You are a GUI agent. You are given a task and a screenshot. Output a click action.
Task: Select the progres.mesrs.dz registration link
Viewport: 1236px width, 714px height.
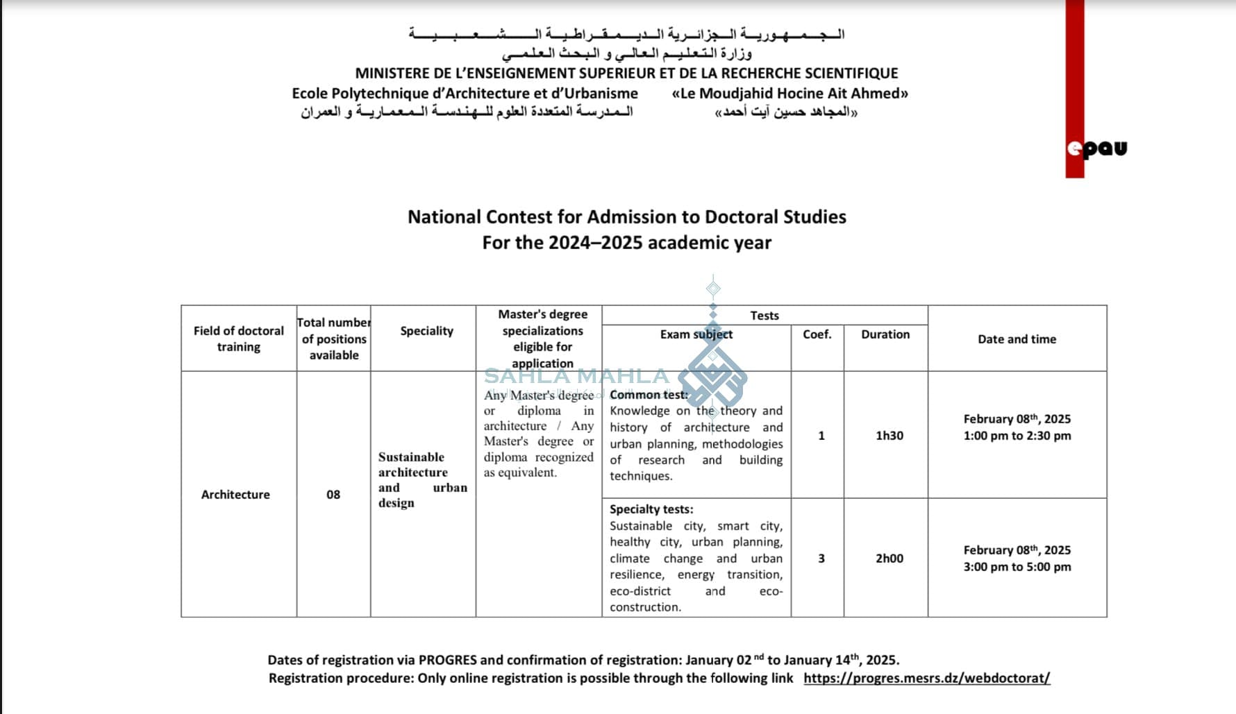click(x=926, y=678)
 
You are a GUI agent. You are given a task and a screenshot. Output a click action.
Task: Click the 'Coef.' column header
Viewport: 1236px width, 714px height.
click(x=817, y=334)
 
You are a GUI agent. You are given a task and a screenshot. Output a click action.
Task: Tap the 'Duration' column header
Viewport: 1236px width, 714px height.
click(x=885, y=334)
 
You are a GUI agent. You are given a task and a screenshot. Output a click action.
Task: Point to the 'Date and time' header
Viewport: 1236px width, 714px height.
click(x=1017, y=339)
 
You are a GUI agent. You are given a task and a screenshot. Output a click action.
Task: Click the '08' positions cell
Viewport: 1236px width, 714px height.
click(x=333, y=495)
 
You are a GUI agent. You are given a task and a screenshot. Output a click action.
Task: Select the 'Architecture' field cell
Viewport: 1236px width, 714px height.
click(x=235, y=495)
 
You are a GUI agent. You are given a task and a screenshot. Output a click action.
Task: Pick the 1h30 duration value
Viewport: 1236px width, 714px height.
click(x=889, y=436)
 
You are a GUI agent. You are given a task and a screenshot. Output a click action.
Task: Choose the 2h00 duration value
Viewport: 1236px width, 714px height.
click(x=889, y=559)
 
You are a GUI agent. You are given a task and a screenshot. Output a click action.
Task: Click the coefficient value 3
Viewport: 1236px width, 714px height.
click(x=821, y=559)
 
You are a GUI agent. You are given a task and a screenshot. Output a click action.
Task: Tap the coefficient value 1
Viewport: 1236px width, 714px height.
click(x=821, y=436)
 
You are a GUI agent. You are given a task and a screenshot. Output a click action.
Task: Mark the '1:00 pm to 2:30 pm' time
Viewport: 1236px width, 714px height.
click(x=1017, y=436)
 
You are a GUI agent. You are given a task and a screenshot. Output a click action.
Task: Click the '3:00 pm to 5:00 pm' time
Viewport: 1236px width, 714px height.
click(x=1017, y=567)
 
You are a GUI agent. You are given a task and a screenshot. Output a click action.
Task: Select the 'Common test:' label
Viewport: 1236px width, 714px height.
click(x=649, y=395)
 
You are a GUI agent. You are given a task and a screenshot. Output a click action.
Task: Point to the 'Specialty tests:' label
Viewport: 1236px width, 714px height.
click(x=651, y=509)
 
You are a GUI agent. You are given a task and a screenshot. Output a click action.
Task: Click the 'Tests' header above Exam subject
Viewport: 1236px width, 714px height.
click(x=764, y=316)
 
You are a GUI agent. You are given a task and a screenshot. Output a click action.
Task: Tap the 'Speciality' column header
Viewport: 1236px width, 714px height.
click(x=426, y=331)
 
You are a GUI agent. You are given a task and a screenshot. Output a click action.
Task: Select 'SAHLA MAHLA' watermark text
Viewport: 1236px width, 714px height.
click(x=576, y=376)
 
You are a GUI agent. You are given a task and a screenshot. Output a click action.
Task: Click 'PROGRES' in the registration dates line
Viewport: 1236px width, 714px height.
click(x=448, y=660)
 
